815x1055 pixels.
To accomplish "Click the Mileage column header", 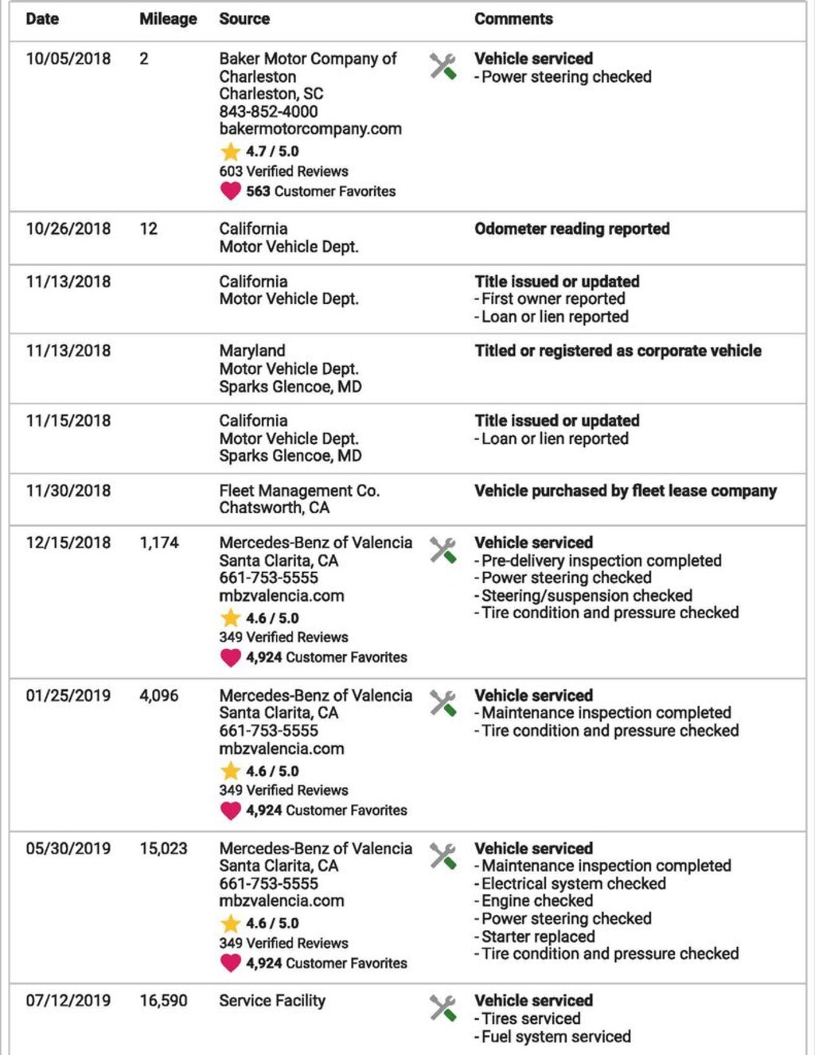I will coord(168,19).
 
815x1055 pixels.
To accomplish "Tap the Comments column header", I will coord(513,19).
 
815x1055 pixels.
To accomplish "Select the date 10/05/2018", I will coord(68,59).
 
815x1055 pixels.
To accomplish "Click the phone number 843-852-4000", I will coord(268,111).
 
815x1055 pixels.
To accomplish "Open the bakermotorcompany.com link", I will coord(310,129).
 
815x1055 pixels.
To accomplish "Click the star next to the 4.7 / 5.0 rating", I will coord(230,151).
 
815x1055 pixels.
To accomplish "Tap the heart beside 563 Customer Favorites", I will coord(230,191).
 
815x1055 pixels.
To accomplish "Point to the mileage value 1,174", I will coord(159,543).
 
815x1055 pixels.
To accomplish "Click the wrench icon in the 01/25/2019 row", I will coord(443,703).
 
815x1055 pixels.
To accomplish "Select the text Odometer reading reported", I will coord(571,229).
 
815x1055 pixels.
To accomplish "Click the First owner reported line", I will coord(552,299).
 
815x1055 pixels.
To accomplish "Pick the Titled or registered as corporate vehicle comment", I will coord(618,351).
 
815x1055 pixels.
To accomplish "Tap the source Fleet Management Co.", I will coord(299,491).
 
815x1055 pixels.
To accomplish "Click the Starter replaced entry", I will coord(537,936).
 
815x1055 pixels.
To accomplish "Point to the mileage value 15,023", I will coord(163,849).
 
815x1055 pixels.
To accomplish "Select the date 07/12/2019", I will coord(68,1001).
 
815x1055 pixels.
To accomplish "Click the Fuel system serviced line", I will coord(556,1037).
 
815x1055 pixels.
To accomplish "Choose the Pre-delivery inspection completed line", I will coord(601,561).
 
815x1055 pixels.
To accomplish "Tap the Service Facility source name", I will coord(272,1001).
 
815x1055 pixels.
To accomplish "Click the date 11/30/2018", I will coord(68,491).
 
